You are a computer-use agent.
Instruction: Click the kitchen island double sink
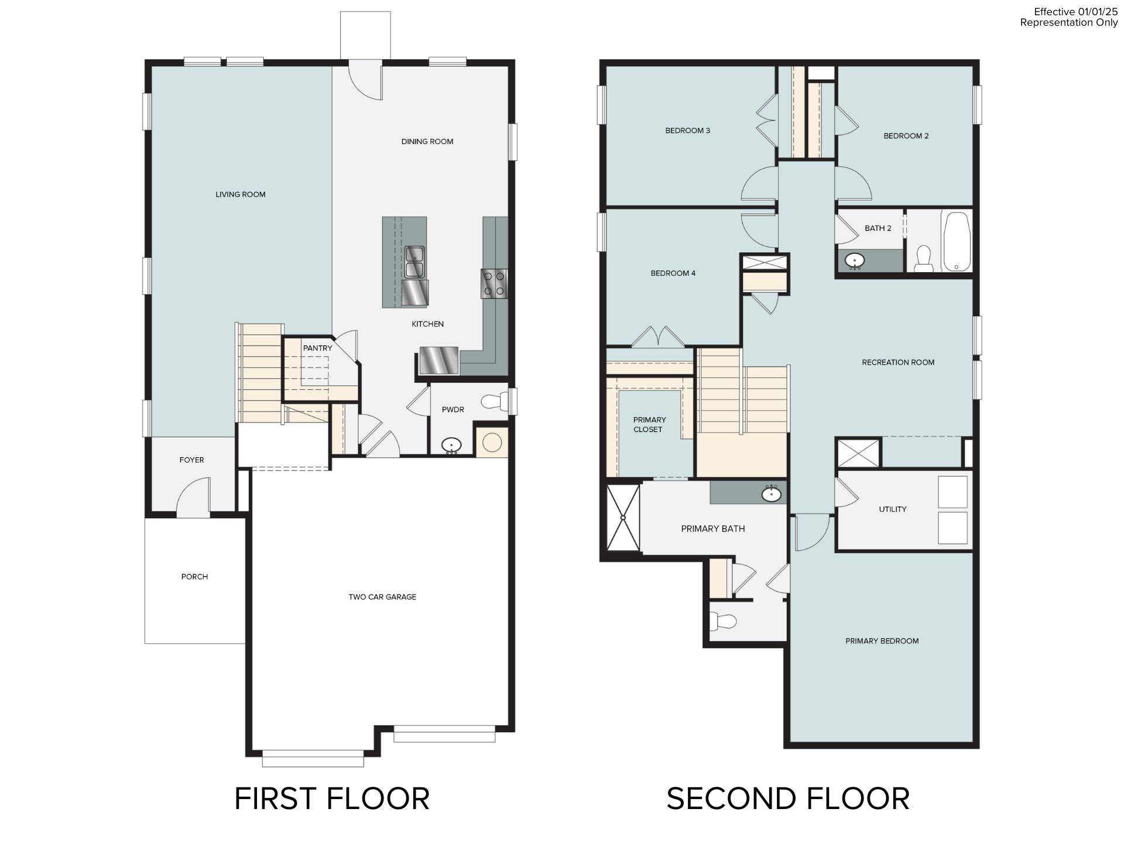(x=415, y=262)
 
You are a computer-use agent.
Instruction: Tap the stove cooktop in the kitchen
(x=494, y=283)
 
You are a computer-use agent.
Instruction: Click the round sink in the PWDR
(x=451, y=446)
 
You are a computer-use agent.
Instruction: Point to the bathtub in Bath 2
(x=956, y=242)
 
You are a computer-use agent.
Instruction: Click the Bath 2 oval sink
(x=855, y=260)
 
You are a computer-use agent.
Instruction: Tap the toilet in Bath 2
(x=924, y=258)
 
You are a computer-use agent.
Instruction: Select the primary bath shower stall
(x=623, y=518)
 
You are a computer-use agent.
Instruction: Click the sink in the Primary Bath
(x=772, y=494)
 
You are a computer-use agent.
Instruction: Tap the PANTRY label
(x=317, y=348)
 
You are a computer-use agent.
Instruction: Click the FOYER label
(x=191, y=460)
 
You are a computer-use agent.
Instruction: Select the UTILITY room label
(x=892, y=509)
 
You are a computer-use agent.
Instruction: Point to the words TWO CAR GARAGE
(x=382, y=597)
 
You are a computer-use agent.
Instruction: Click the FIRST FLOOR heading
(x=332, y=799)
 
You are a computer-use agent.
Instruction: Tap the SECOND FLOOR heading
(x=788, y=799)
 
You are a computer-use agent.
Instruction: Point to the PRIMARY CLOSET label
(x=649, y=424)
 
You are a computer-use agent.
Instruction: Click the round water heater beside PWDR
(x=492, y=443)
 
